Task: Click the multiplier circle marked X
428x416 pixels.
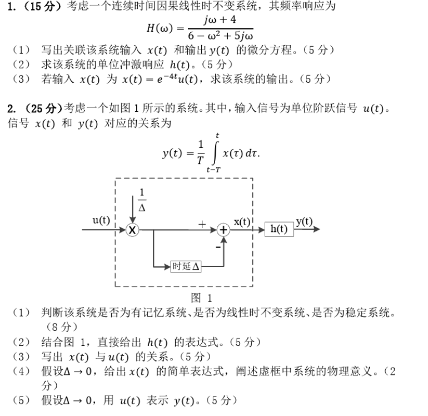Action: [x=132, y=230]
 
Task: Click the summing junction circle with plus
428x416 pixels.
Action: [x=223, y=230]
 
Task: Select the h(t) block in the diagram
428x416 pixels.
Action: [x=278, y=229]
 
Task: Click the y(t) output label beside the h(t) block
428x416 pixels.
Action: [x=304, y=221]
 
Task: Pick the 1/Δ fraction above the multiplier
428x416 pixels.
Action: [x=142, y=199]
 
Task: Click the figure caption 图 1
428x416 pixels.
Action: [x=201, y=298]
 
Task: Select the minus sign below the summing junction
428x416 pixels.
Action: [x=217, y=245]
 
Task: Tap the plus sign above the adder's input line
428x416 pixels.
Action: [x=202, y=223]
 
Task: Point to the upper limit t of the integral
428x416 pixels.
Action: [x=217, y=136]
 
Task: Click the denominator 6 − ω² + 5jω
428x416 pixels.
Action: [x=220, y=34]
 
